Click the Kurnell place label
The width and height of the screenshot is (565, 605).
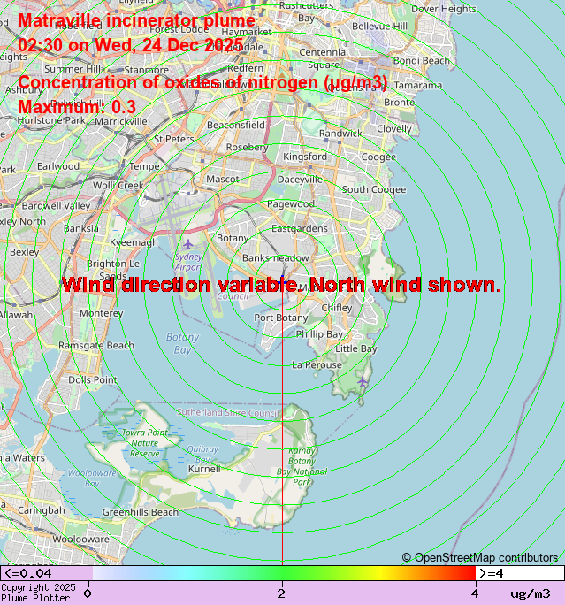[x=204, y=469]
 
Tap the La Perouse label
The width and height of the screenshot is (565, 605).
[x=317, y=364]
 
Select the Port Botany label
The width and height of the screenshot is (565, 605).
[x=281, y=318]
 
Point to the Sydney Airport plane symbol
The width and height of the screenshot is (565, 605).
[x=187, y=243]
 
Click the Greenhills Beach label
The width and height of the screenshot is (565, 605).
[x=141, y=512]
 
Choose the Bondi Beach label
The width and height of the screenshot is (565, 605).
[x=421, y=61]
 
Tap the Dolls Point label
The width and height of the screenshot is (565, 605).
[x=93, y=380]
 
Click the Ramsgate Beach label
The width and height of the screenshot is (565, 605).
[x=95, y=345]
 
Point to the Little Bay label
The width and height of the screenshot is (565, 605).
[x=356, y=348]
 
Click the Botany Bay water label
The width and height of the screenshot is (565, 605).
[x=182, y=343]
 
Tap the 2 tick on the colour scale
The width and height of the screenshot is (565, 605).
[x=281, y=594]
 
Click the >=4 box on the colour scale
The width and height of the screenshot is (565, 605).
[x=520, y=573]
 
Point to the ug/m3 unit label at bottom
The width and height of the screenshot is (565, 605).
[x=530, y=594]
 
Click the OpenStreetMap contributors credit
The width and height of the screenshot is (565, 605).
[x=480, y=557]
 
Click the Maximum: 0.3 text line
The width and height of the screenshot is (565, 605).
[x=77, y=107]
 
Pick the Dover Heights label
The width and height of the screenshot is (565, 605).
[x=443, y=9]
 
